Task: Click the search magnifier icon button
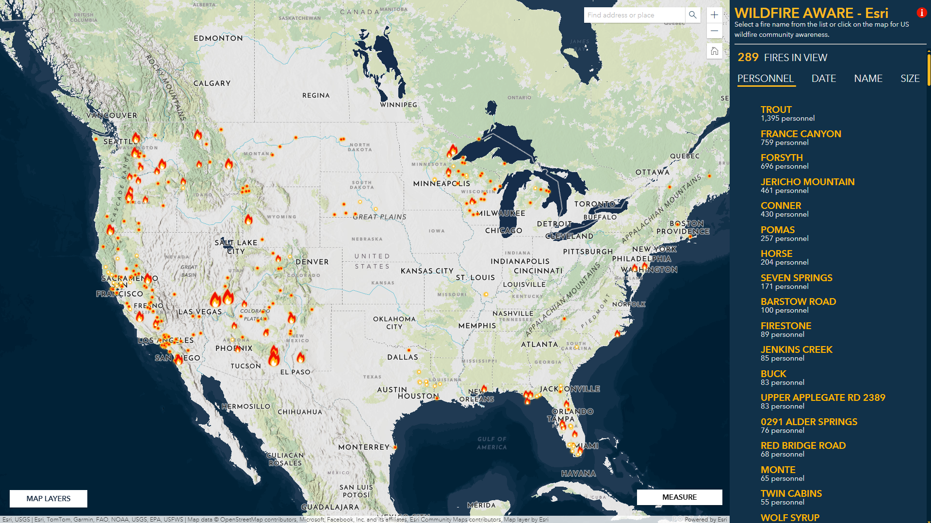click(x=693, y=15)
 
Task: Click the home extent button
click(x=714, y=51)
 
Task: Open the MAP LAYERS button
click(x=49, y=498)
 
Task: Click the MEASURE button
click(x=679, y=497)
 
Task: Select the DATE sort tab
click(x=823, y=79)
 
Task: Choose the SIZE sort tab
click(x=910, y=79)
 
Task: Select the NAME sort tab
click(x=868, y=79)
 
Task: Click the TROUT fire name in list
click(x=776, y=110)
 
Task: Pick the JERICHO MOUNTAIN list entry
click(x=807, y=182)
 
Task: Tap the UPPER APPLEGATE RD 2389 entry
click(x=823, y=397)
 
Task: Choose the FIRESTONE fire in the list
click(x=785, y=326)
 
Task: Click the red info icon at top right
click(x=921, y=13)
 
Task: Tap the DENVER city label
click(x=312, y=262)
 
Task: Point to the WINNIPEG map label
click(x=398, y=105)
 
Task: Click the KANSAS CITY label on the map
click(x=427, y=271)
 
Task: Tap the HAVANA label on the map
click(x=578, y=474)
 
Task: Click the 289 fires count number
click(x=748, y=57)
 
